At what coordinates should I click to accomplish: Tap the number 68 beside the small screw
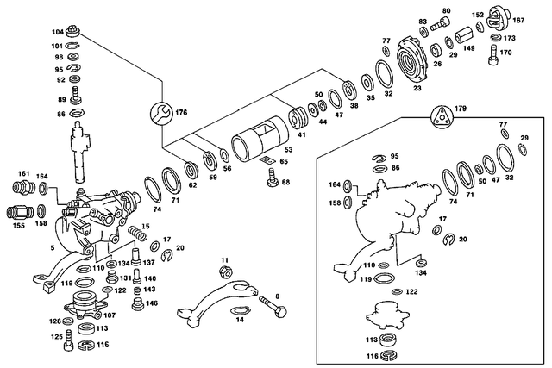[285, 182]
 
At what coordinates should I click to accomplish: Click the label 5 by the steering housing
[52, 248]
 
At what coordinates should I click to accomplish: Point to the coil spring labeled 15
[135, 234]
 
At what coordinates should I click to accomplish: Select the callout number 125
[55, 337]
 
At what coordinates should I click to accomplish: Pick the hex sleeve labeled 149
[462, 36]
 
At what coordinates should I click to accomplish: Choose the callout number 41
[302, 134]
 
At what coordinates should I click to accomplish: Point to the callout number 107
[110, 315]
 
